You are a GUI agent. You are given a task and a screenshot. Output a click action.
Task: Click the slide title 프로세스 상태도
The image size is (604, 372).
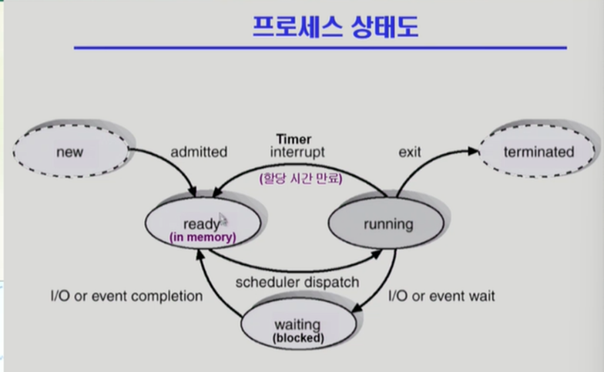click(336, 27)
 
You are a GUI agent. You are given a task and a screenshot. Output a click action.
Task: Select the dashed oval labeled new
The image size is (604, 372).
click(71, 151)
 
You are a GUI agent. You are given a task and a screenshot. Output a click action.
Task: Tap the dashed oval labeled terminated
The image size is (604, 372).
click(538, 151)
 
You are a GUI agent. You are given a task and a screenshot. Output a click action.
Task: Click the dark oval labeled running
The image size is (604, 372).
click(386, 223)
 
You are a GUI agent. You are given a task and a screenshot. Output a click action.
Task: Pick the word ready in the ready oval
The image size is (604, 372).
click(201, 224)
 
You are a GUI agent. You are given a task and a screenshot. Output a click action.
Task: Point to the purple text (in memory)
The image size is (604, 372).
click(203, 237)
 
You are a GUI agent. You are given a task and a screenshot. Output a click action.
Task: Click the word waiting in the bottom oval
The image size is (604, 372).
click(297, 325)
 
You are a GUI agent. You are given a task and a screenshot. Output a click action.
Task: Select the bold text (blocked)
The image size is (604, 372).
click(298, 338)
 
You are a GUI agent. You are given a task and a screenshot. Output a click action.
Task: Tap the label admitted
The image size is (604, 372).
click(199, 152)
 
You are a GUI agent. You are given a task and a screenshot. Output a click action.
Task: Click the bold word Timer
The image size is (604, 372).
click(294, 139)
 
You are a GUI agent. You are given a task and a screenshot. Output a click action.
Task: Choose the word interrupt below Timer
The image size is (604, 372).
click(297, 152)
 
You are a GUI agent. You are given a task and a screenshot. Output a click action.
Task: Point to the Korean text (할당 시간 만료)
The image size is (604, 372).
click(300, 179)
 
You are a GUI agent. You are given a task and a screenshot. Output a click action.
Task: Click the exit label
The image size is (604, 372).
click(410, 152)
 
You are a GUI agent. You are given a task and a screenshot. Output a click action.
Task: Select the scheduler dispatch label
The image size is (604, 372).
click(297, 283)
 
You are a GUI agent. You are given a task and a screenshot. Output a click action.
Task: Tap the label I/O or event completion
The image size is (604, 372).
click(126, 296)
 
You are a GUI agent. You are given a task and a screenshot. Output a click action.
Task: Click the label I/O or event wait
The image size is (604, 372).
click(441, 296)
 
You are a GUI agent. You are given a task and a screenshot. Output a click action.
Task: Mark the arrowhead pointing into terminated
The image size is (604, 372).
click(473, 151)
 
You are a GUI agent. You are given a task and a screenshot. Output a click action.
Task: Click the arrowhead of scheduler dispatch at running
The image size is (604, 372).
click(376, 254)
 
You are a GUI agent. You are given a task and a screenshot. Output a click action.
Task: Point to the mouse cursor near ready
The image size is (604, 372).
click(223, 220)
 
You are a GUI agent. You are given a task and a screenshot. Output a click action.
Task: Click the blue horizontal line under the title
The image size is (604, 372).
click(320, 48)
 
